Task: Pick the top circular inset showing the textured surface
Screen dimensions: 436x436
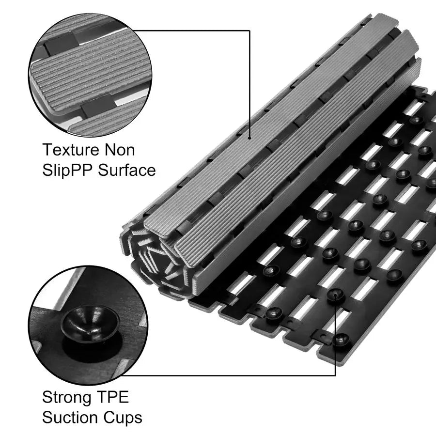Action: pyautogui.click(x=90, y=73)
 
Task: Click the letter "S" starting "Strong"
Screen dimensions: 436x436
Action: pyautogui.click(x=47, y=398)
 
